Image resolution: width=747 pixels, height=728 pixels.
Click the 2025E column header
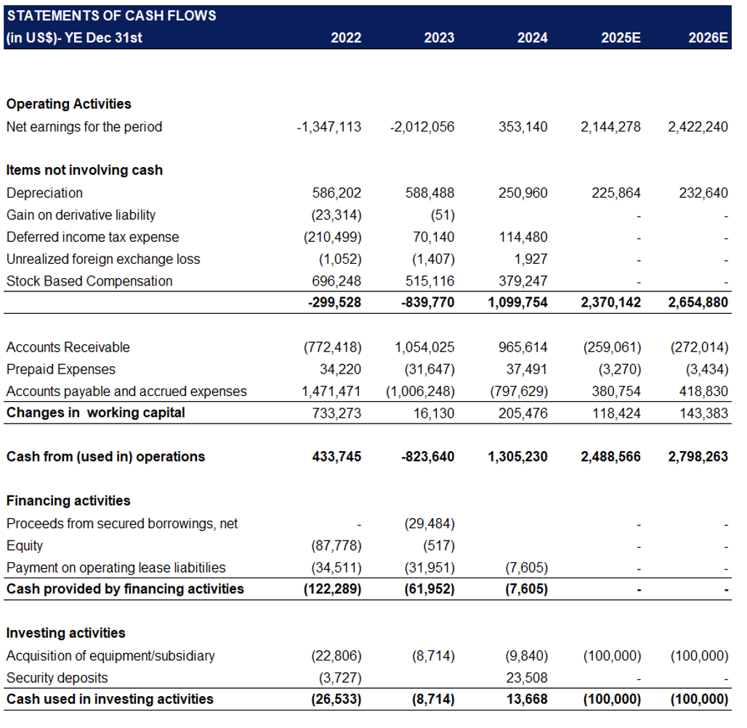pos(621,38)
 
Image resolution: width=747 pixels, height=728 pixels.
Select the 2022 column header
pos(346,38)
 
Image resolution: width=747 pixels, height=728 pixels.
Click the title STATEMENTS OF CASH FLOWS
pos(111,16)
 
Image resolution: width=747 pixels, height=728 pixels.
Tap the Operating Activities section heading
pos(68,104)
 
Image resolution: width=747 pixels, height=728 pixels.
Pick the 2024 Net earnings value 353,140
pos(523,126)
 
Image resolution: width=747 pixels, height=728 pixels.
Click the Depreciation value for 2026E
pos(703,193)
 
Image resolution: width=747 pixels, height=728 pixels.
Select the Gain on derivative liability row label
pos(81,215)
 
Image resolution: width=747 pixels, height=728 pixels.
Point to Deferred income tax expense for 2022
pos(333,238)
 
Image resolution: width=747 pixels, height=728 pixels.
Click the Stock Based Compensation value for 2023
pos(429,281)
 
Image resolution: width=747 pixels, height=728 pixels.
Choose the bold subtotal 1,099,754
pos(518,302)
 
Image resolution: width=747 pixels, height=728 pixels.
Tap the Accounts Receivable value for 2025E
pos(612,347)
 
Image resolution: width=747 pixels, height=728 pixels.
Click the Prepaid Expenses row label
pos(61,370)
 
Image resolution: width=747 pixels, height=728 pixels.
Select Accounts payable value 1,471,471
pos(331,392)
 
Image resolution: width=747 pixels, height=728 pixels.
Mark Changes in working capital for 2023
pos(434,413)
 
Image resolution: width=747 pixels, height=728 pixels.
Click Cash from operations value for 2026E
pos(698,457)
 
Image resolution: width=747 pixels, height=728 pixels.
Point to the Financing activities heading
pos(68,501)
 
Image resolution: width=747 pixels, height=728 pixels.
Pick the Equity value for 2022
pos(336,546)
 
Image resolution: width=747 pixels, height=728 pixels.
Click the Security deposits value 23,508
pos(527,678)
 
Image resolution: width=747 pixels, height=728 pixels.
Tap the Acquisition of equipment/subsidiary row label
pos(110,656)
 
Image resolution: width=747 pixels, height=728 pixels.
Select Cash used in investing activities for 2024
pos(527,700)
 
